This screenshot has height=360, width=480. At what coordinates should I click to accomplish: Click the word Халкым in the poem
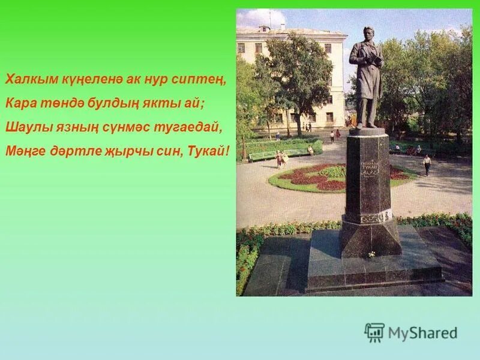23,79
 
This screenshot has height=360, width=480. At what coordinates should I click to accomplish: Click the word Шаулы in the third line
22,127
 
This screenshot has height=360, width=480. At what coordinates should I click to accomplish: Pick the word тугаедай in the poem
182,127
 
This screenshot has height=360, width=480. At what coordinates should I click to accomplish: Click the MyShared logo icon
374,332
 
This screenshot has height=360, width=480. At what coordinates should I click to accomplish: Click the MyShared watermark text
422,333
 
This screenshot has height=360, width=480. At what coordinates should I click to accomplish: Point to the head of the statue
367,32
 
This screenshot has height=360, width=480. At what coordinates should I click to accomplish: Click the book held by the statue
376,59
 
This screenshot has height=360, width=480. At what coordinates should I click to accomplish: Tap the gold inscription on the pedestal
369,168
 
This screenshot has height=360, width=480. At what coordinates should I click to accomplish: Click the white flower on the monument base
372,254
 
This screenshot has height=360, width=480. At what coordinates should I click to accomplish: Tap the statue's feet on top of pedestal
367,127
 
